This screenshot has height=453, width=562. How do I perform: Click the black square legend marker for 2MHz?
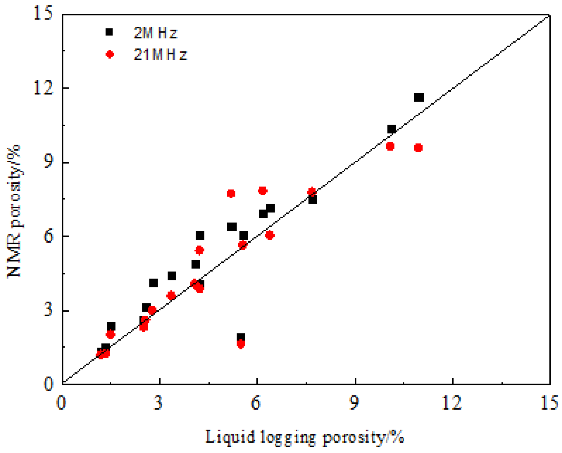pos(109,32)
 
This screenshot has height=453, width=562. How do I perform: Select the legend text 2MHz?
pos(155,33)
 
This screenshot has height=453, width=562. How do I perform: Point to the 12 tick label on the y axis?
pos(43,88)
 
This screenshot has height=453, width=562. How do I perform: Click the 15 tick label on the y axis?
pos(43,14)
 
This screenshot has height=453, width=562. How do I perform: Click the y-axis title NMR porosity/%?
pos(15,211)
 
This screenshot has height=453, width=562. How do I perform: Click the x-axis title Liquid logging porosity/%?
pos(305,437)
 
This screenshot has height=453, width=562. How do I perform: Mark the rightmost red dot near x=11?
pos(418,148)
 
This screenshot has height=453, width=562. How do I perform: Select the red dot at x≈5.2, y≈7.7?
pos(231,193)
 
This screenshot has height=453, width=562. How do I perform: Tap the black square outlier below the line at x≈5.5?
pos(241,338)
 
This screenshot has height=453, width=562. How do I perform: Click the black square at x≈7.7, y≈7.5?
pos(312,199)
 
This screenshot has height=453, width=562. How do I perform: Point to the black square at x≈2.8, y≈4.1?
pos(153,283)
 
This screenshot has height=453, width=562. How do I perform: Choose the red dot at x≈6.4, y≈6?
pos(270,235)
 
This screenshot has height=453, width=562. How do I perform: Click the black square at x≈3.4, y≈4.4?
pos(171,276)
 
